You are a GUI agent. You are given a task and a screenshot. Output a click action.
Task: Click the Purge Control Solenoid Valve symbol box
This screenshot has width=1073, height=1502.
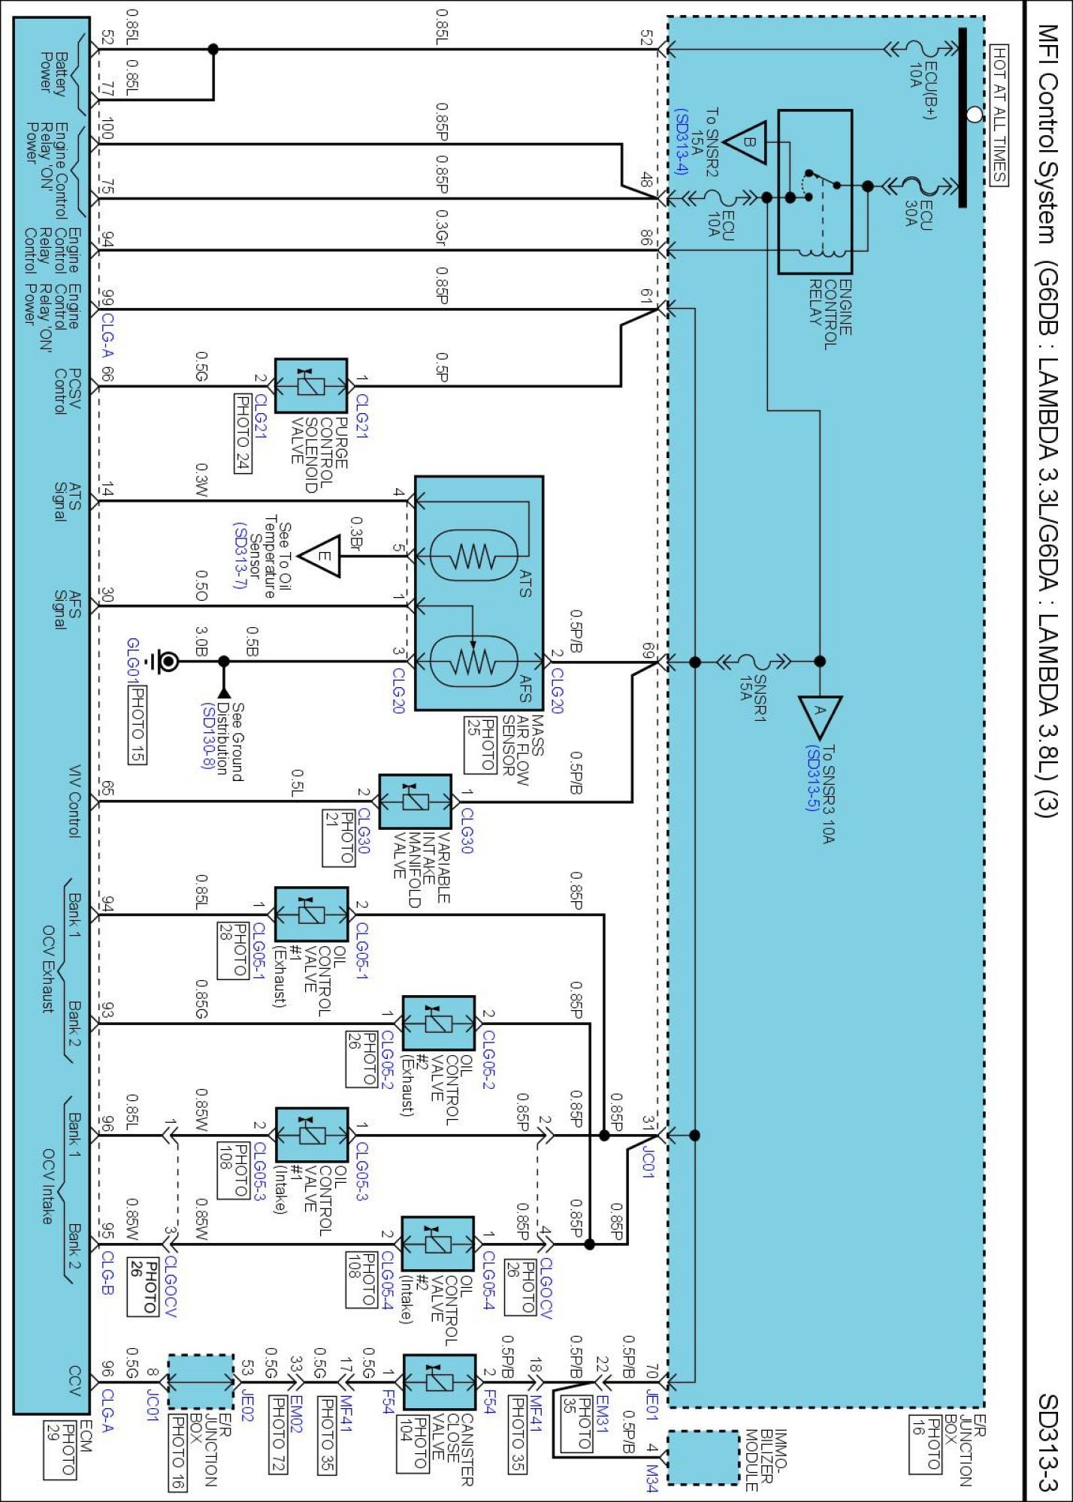tap(311, 386)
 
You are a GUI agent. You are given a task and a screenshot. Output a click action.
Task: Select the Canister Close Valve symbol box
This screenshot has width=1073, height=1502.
tap(440, 1383)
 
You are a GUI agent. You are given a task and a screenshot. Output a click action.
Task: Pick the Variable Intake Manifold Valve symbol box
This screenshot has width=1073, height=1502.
tap(416, 801)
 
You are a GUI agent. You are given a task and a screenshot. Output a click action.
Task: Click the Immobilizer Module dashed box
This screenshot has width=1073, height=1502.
tap(703, 1457)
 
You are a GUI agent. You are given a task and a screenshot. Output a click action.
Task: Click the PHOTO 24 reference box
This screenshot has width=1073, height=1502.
tap(243, 433)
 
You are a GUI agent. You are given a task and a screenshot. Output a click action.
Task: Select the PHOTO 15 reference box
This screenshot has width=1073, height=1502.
tap(137, 725)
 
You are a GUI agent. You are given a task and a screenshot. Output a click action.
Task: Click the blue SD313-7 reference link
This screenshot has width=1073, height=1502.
tap(240, 556)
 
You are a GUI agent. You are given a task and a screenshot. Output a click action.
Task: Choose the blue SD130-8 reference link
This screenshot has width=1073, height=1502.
tap(208, 736)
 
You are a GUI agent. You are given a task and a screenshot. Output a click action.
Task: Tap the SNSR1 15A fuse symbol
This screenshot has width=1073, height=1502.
tap(754, 662)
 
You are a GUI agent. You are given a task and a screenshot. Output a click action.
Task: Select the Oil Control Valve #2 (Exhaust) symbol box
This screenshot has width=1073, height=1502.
tap(439, 1023)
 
